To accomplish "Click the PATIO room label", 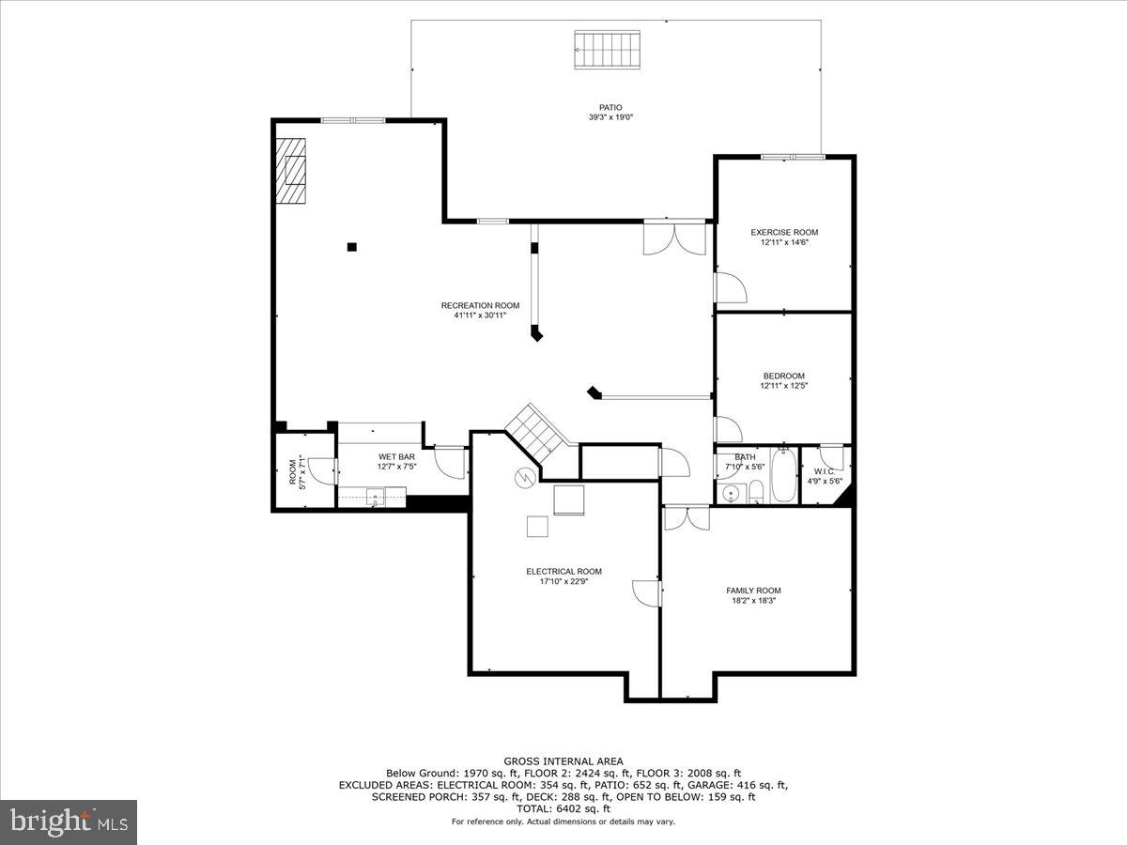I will point(610,108).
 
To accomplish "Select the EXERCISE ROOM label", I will point(784,232).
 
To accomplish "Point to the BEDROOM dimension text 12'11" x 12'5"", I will point(784,386).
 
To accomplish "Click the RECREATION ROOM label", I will point(480,305).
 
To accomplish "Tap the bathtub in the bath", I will point(784,477).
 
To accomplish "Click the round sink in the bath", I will point(730,492).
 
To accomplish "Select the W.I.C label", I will point(824,471).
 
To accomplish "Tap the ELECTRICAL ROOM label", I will point(563,571).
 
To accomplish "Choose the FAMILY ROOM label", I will point(753,591).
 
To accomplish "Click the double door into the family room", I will point(687,518).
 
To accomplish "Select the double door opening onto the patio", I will point(674,238).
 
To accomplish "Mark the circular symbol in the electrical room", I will point(523,478).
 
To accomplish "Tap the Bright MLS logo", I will point(69,822).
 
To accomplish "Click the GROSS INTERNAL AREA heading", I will point(563,761).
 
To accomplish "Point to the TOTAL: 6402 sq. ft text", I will point(563,808).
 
